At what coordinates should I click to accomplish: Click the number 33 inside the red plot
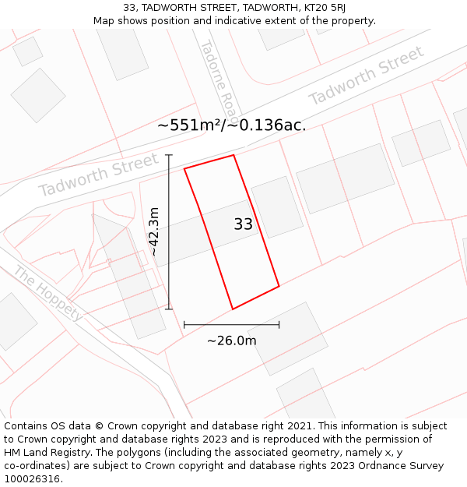coord(244,224)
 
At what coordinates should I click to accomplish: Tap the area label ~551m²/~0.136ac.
coord(231,125)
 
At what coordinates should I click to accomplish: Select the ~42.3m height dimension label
coord(154,231)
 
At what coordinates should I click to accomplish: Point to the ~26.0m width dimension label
coord(231,341)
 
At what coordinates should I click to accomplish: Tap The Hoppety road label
coord(48,293)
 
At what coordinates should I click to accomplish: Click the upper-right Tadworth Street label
coord(367,76)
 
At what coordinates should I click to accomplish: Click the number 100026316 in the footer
coord(32,479)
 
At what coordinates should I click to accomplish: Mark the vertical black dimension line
coord(169,232)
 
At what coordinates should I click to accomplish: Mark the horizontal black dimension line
coord(231,324)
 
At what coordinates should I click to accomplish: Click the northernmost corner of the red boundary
coord(233,155)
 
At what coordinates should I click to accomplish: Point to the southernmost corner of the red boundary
coord(233,309)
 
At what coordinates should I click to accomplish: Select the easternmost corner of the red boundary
coord(279,286)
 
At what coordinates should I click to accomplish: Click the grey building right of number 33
coord(277,206)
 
